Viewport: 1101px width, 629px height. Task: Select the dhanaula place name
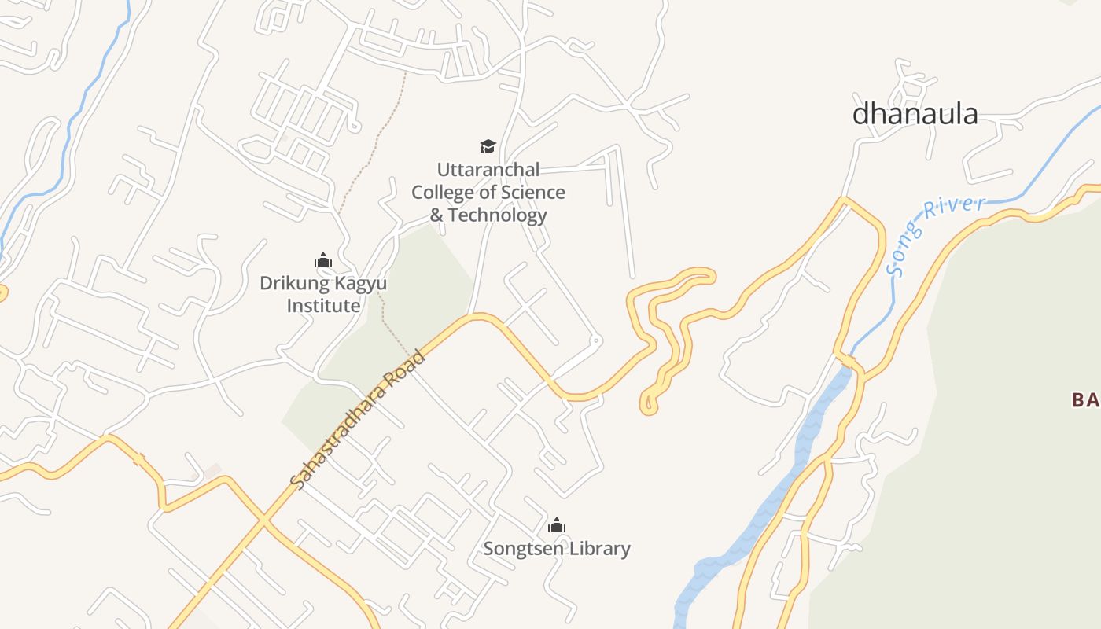tap(915, 114)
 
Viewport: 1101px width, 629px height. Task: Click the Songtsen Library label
tap(557, 549)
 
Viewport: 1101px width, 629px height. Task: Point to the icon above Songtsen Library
tap(557, 525)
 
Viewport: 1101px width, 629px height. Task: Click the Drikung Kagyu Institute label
tap(322, 294)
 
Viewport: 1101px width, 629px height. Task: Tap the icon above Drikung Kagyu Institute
tap(322, 260)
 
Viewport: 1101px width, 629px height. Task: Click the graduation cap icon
tap(488, 146)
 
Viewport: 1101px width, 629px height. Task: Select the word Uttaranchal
tap(488, 170)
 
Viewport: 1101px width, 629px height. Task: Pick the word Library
tap(601, 549)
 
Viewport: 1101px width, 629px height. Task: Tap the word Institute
tap(322, 306)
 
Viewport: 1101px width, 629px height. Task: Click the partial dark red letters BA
tap(1085, 400)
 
